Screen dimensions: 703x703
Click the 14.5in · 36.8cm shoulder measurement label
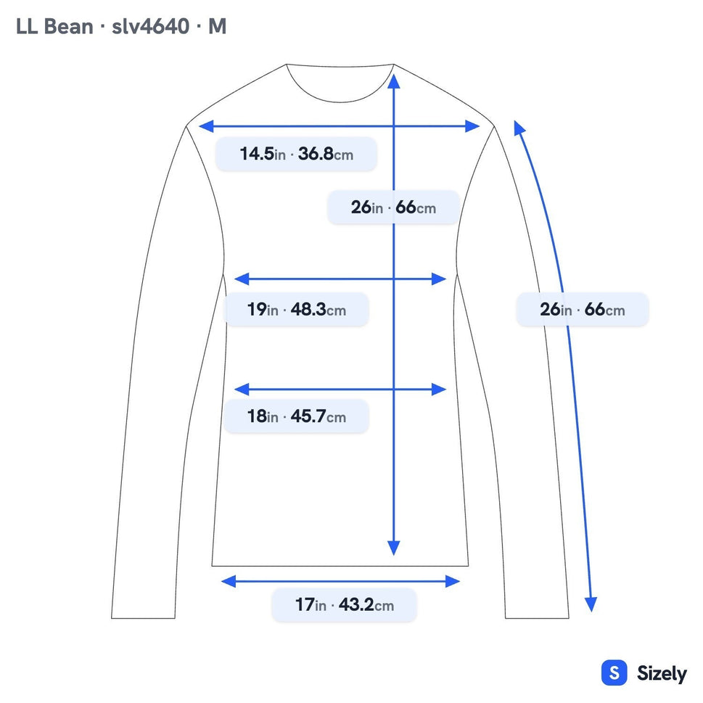coord(296,154)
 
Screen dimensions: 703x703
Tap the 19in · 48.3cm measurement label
coord(296,309)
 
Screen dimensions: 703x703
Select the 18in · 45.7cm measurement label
coord(296,416)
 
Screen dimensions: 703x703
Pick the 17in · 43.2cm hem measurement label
coord(344,605)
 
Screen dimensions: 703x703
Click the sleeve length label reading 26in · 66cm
coord(582,309)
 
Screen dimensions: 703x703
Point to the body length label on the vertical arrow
coord(393,207)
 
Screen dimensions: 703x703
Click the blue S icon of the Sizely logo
coord(614,673)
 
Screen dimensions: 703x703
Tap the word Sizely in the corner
coord(662,673)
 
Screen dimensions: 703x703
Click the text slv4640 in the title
coord(151,26)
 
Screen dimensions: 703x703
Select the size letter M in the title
coord(218,26)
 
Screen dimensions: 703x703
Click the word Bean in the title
coord(68,26)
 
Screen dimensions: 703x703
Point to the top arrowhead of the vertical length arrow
coord(394,81)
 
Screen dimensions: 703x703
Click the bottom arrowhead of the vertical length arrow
coord(394,548)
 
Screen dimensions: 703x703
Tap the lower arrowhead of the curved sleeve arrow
coord(591,604)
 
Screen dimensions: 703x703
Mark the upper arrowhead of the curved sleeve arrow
coord(519,128)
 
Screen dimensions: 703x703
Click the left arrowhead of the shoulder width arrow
coord(206,126)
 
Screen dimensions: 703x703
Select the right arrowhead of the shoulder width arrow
coord(472,126)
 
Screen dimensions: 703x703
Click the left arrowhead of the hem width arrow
coord(229,582)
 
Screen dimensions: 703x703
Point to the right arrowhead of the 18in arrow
coord(439,389)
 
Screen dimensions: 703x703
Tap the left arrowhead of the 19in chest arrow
coord(242,279)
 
